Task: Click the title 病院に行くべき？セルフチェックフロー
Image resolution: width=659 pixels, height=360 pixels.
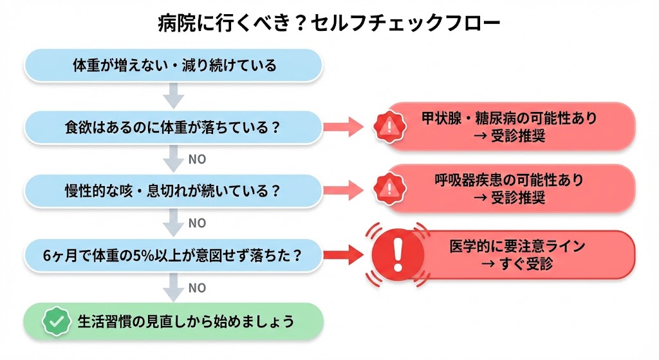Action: (x=329, y=23)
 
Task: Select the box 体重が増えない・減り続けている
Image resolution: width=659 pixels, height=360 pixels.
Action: (x=172, y=65)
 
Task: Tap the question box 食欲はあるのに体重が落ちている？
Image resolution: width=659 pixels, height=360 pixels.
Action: (x=172, y=127)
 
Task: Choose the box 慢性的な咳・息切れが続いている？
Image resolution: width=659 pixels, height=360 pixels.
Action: (x=172, y=191)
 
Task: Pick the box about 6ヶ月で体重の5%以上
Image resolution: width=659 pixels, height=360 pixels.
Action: (x=172, y=254)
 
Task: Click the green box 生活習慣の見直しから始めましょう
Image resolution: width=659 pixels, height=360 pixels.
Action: (x=172, y=321)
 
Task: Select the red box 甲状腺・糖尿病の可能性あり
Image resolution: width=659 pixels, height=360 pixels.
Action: (x=508, y=127)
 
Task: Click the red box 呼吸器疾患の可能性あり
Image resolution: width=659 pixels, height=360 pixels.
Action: (x=508, y=189)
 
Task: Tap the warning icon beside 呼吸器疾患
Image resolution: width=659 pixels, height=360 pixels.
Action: (x=388, y=188)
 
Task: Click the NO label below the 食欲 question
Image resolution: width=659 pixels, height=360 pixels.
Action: (x=197, y=159)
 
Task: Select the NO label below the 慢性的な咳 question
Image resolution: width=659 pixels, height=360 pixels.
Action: (x=197, y=223)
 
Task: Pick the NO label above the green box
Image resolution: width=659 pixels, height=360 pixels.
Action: (x=197, y=288)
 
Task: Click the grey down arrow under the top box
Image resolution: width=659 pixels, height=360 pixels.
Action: (x=172, y=97)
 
